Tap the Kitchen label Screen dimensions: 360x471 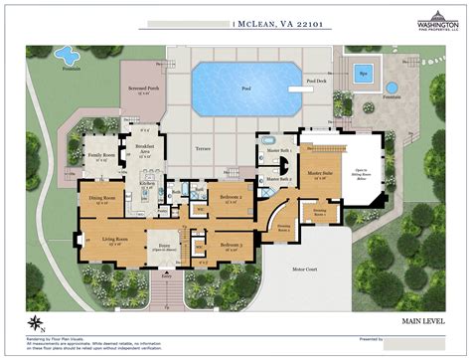tap(146, 184)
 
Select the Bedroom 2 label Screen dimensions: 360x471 tap(231, 197)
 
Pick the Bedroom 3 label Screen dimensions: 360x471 tap(231, 245)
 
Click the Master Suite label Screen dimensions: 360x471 tap(319, 174)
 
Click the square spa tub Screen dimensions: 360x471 tap(364, 73)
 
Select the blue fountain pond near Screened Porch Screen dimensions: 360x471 tap(67, 53)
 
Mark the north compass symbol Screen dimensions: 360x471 tap(36, 320)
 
